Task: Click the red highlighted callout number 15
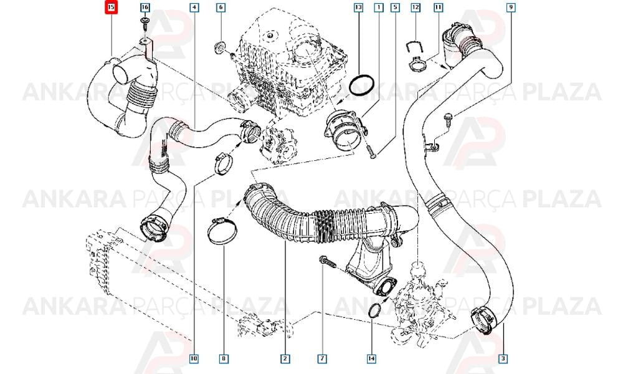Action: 111,7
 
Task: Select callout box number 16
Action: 145,7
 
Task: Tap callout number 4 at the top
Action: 194,7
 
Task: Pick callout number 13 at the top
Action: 358,7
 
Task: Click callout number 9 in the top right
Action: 511,7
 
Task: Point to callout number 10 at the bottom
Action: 194,359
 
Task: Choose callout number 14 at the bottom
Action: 371,359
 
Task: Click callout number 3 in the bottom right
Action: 503,359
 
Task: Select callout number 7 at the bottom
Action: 322,359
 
